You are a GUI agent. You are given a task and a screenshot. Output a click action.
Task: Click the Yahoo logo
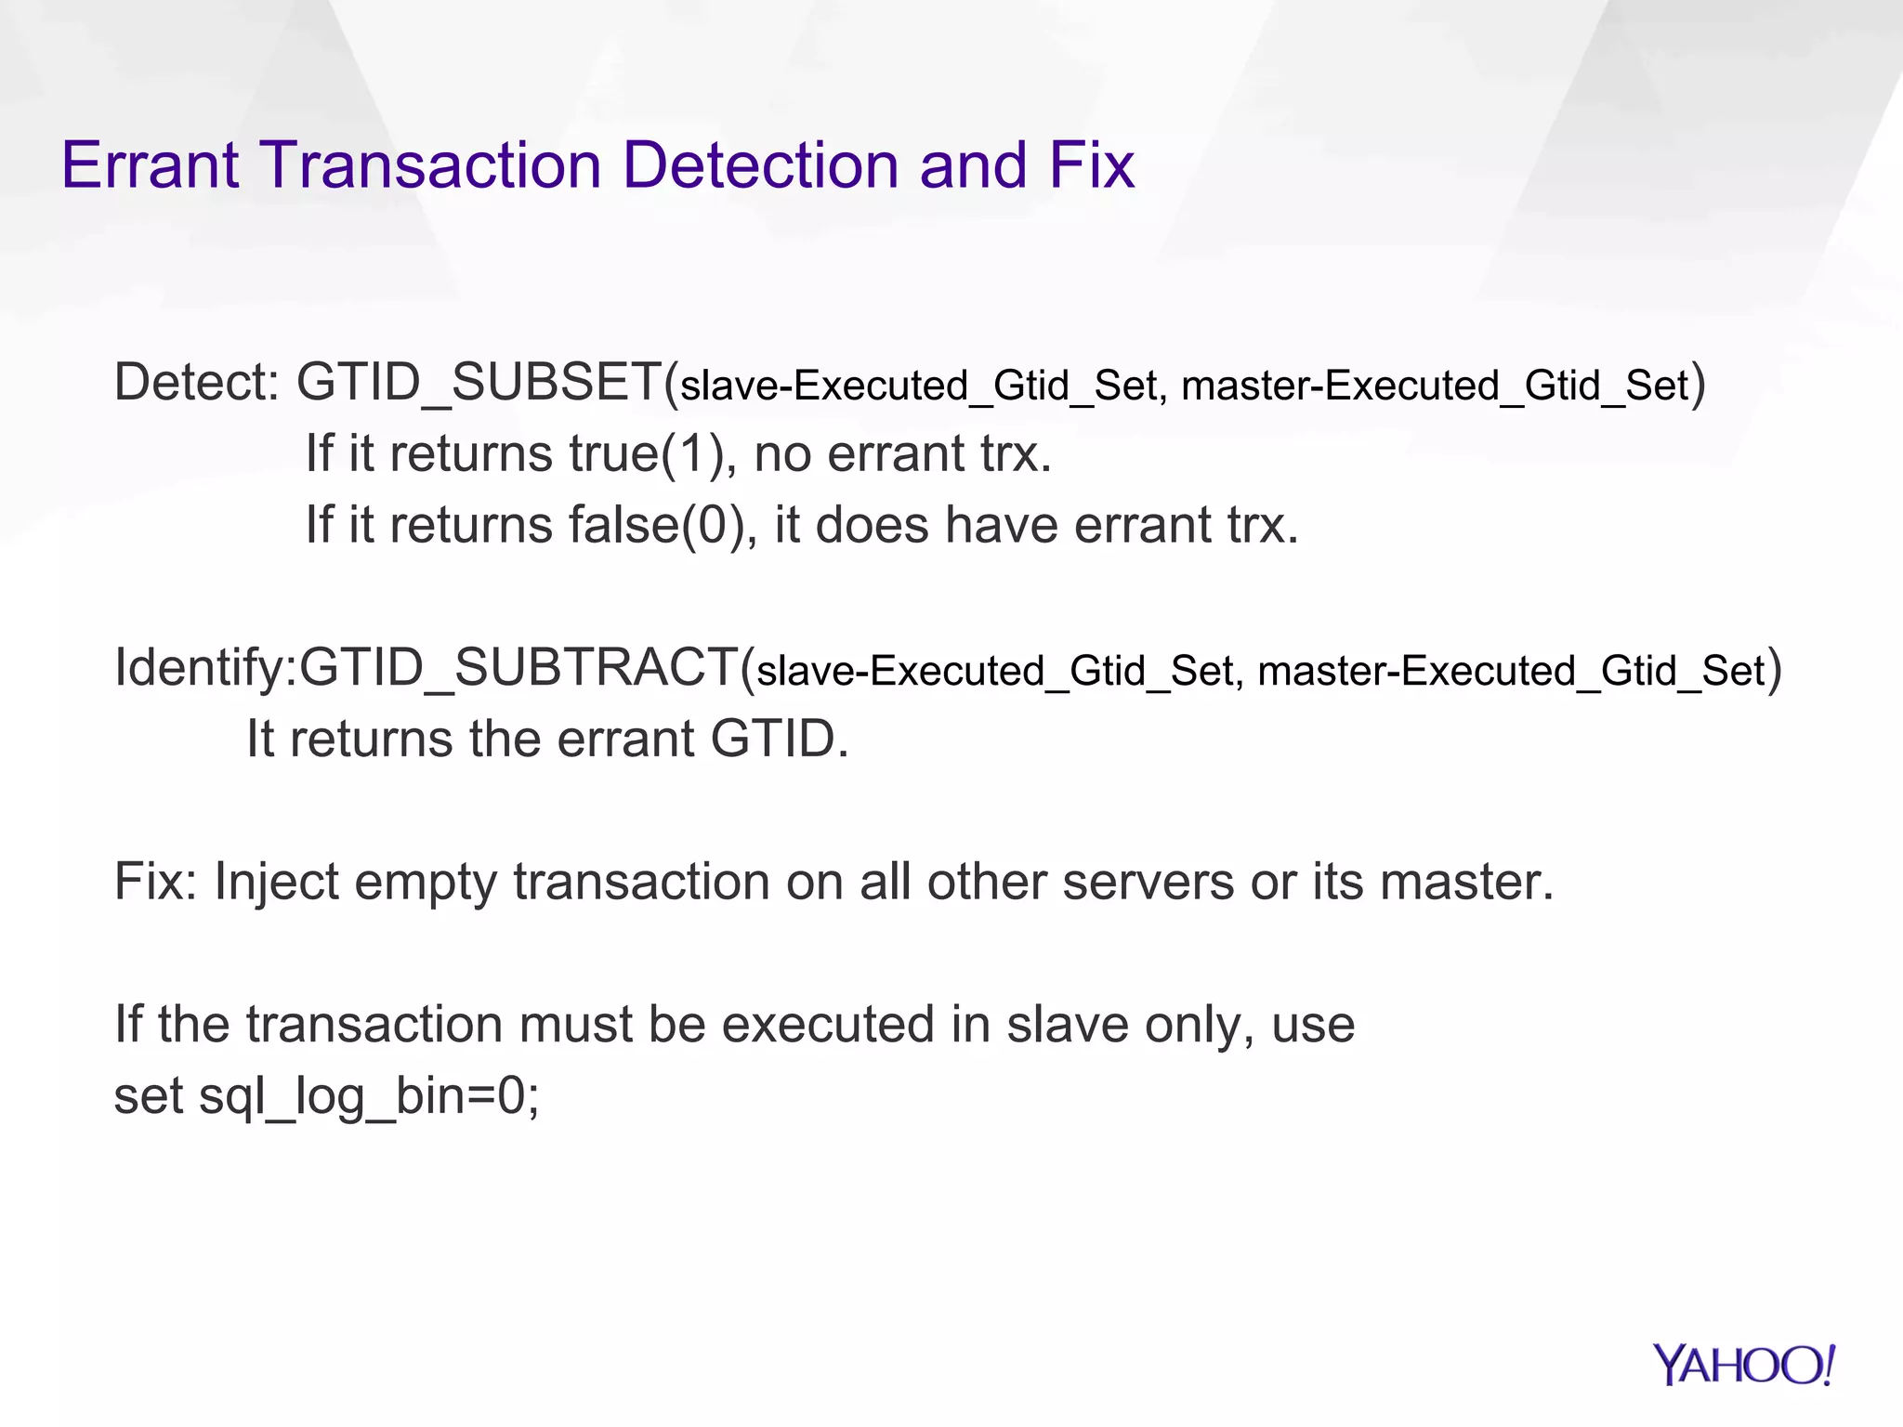(1743, 1366)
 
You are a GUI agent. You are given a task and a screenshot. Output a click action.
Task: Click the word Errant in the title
(150, 165)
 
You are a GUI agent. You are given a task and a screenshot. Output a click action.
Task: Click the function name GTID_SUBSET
(478, 382)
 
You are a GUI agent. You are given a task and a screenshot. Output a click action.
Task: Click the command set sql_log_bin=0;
(326, 1095)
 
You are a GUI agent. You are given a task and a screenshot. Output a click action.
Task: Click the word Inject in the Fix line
(276, 882)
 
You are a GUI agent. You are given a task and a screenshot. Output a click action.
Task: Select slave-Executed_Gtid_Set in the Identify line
(994, 671)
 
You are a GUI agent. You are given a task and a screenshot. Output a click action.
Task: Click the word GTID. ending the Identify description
(779, 740)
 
